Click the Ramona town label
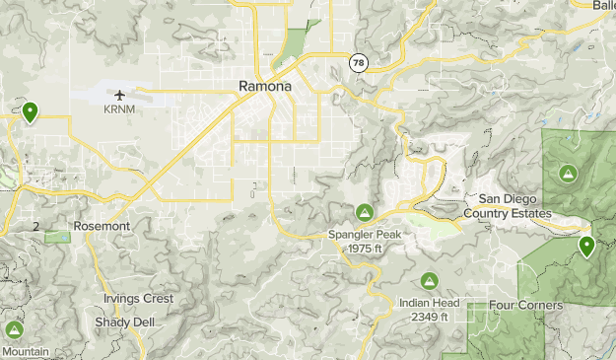click(265, 87)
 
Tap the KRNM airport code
click(119, 109)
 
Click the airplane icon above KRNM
click(120, 95)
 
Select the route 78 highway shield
click(358, 62)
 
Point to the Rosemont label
click(102, 226)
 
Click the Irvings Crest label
click(138, 298)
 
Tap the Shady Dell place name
click(120, 323)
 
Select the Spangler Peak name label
click(365, 235)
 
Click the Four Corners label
click(525, 305)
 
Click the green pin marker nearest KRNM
click(31, 112)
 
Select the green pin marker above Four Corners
click(586, 246)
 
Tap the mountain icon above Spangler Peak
click(364, 212)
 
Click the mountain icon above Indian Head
click(429, 281)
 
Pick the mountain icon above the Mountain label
click(14, 329)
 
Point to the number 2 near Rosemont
click(35, 226)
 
